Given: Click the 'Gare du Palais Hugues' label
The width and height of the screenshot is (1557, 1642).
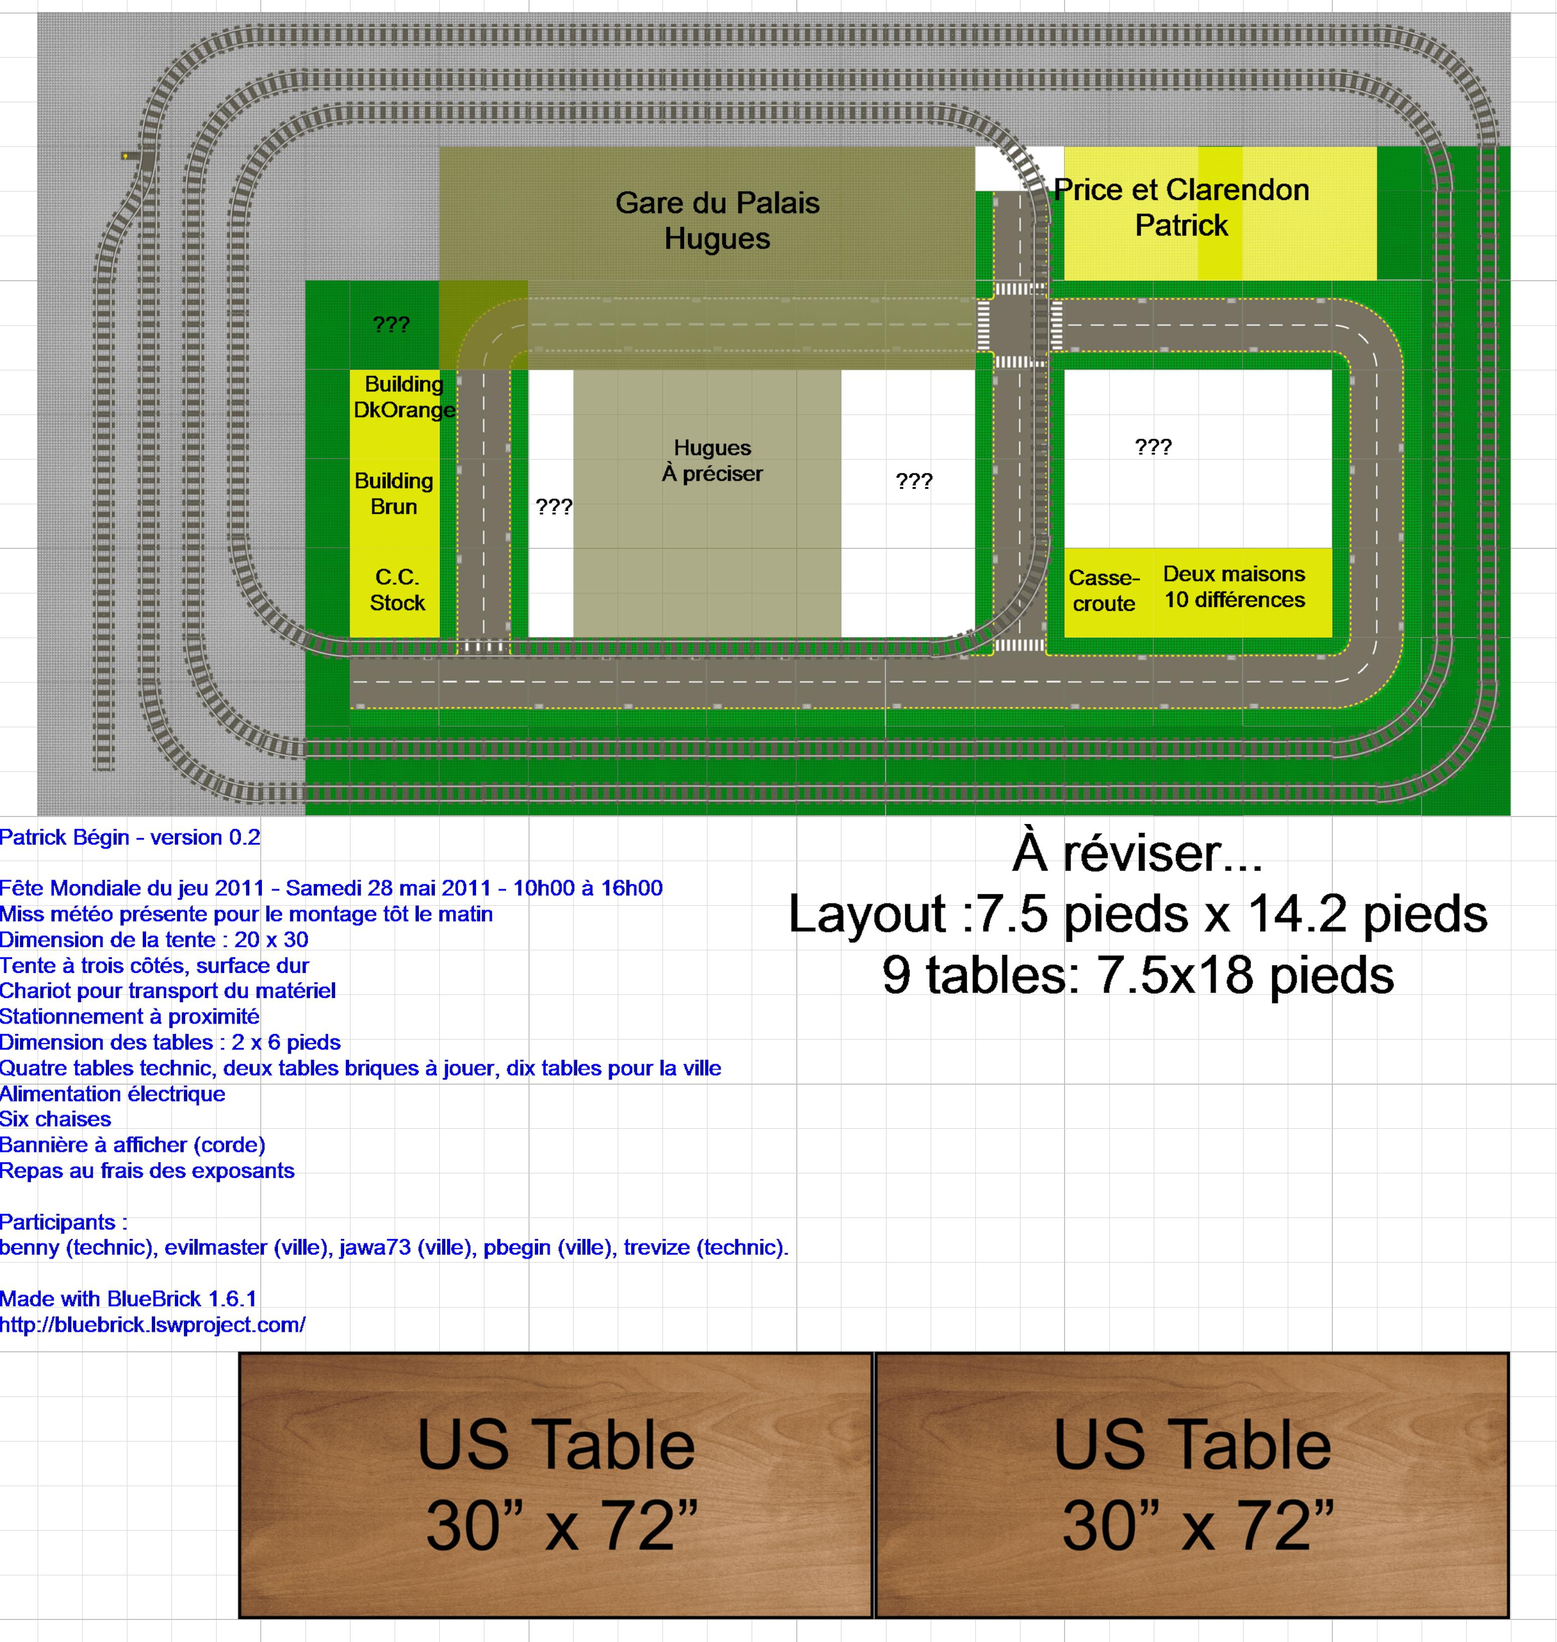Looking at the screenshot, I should [x=717, y=221].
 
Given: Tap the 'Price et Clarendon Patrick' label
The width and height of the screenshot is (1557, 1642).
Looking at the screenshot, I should [x=1181, y=208].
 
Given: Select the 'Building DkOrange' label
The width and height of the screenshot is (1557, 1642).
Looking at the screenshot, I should [x=404, y=396].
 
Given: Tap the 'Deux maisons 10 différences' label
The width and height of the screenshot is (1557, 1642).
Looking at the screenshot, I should [x=1234, y=586].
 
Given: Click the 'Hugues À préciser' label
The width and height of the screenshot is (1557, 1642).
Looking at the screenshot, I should [x=712, y=461].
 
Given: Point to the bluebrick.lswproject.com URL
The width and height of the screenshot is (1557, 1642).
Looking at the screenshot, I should [x=153, y=1325].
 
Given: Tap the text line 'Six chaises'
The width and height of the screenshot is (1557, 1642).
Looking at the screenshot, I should [x=56, y=1119].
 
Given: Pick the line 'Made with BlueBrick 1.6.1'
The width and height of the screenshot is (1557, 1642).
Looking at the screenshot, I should [x=129, y=1299].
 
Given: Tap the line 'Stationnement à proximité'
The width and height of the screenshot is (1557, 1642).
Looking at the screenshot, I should [x=129, y=1016].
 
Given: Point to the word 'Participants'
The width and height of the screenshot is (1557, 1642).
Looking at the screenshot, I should [x=58, y=1222].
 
